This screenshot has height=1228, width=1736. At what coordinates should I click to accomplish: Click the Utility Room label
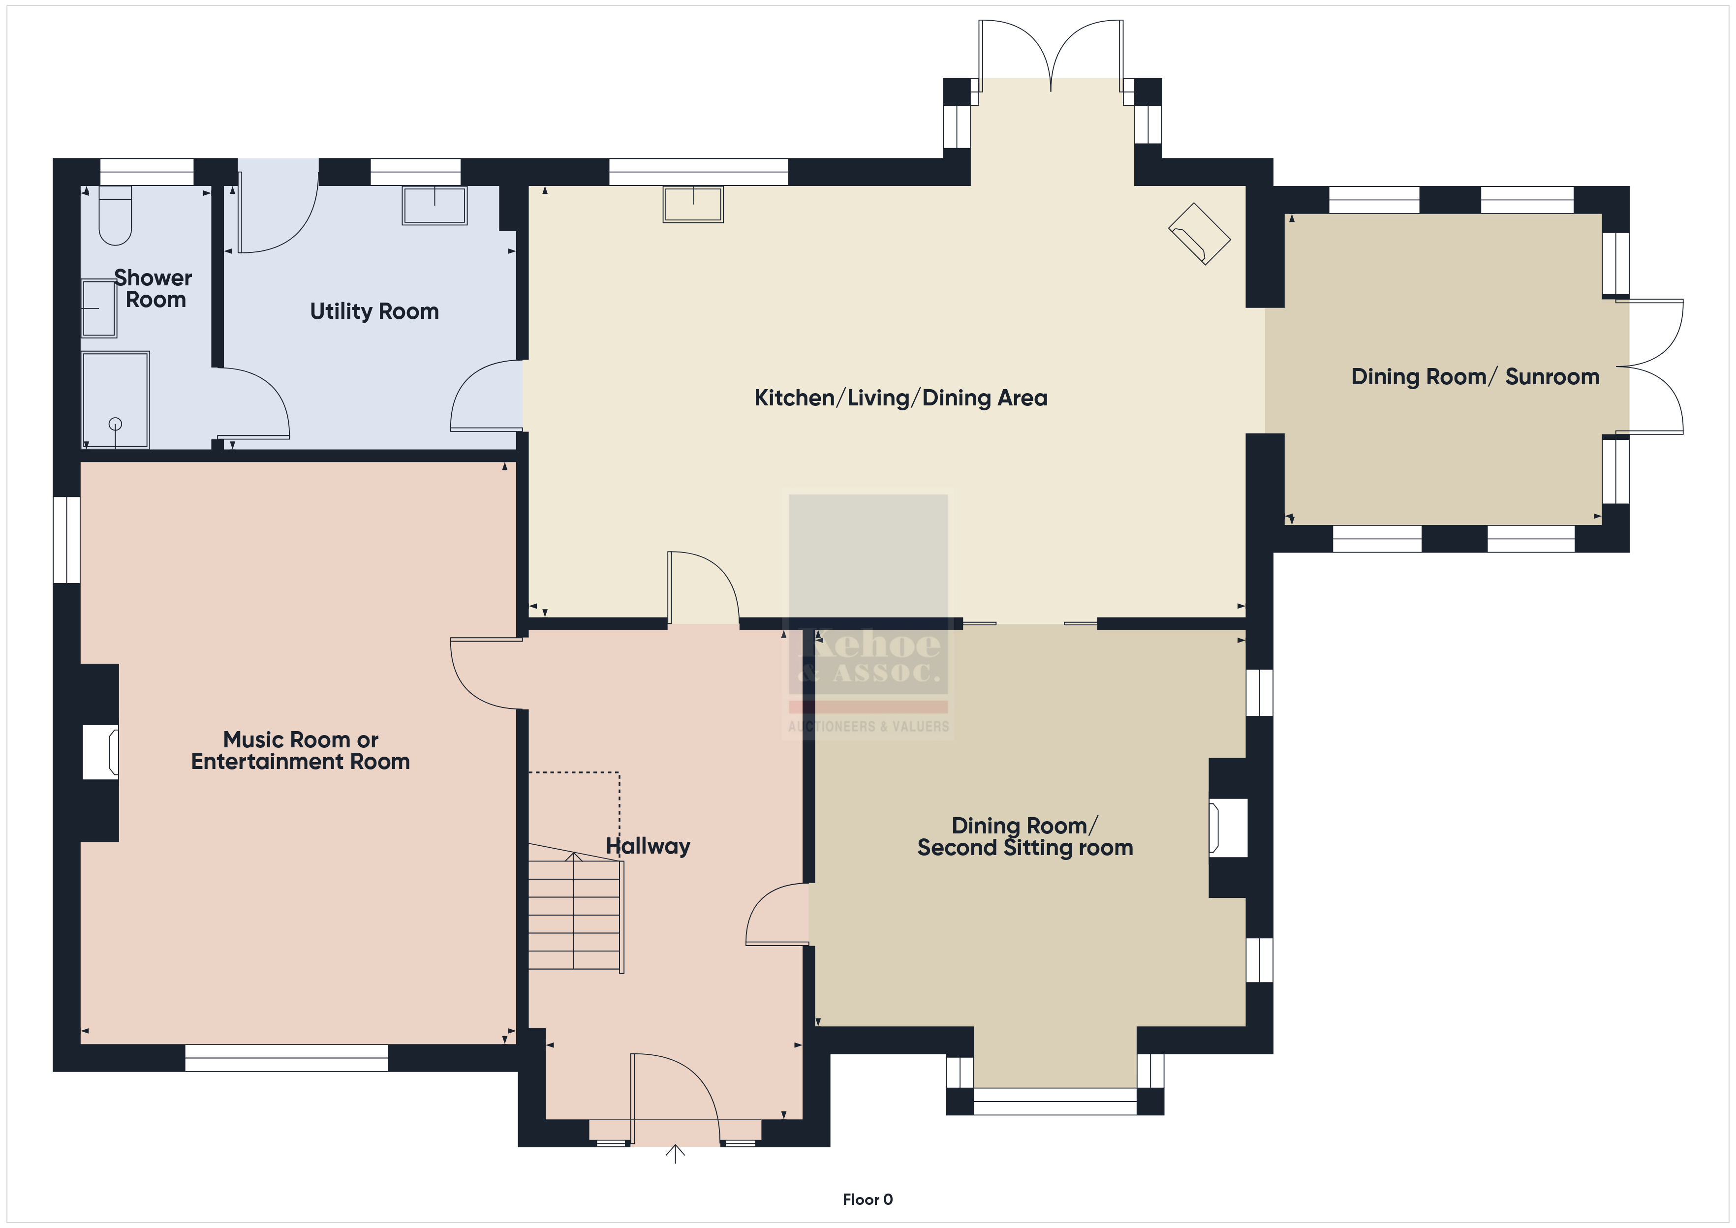374,311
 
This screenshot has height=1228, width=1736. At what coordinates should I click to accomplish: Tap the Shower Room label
154,289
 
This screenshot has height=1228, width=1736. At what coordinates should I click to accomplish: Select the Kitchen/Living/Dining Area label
900,398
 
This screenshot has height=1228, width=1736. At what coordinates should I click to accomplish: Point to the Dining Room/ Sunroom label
1475,376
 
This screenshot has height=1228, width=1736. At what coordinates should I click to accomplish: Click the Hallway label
648,846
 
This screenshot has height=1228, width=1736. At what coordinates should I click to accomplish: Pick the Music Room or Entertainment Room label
300,750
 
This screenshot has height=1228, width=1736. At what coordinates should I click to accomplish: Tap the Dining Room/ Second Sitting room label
1025,837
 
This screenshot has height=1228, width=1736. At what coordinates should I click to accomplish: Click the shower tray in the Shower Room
115,399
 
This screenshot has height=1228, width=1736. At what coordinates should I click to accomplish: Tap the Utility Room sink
435,205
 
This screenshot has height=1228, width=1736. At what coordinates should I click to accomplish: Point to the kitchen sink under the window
693,204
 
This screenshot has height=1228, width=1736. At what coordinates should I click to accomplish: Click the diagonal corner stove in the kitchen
1200,234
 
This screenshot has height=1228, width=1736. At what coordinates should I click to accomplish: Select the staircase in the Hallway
575,908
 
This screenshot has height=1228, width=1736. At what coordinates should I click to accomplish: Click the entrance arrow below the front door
675,1154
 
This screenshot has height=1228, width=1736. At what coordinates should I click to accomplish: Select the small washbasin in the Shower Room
99,308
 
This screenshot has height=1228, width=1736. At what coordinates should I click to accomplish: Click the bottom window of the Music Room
286,1058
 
